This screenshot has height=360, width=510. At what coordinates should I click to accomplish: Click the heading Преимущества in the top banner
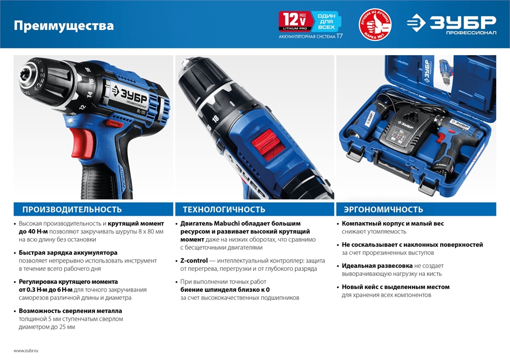64,25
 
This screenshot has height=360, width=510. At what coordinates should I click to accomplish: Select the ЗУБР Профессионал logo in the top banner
451,24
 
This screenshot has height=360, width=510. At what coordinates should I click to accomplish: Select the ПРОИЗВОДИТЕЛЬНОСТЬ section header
72,209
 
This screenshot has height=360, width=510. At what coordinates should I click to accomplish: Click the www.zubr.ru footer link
26,351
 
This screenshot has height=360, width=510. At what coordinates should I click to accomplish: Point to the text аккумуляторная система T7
310,37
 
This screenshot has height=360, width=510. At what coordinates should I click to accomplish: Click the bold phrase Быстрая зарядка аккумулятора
68,252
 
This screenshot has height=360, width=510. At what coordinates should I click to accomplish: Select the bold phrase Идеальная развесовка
377,266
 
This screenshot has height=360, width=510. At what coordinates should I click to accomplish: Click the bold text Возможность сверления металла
70,311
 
